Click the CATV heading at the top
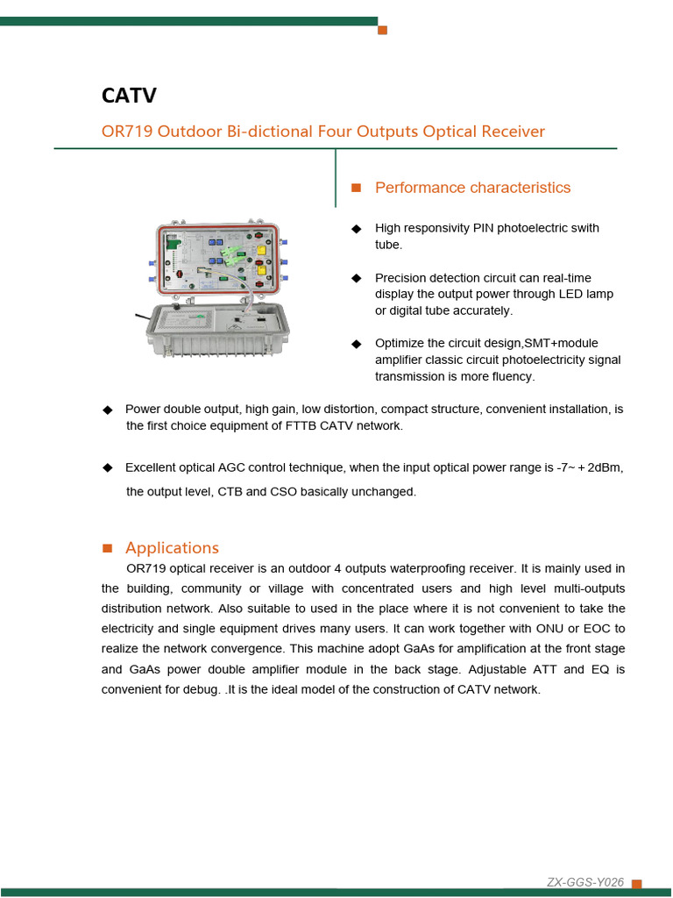[129, 96]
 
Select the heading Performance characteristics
[472, 188]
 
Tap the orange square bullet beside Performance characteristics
[357, 188]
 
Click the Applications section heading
[172, 548]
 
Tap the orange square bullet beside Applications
[108, 548]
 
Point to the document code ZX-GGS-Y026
[584, 882]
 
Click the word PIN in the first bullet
[484, 228]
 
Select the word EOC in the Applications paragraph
[598, 629]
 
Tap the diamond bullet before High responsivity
[357, 229]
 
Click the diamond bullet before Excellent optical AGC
[108, 468]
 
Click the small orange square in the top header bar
[382, 30]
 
